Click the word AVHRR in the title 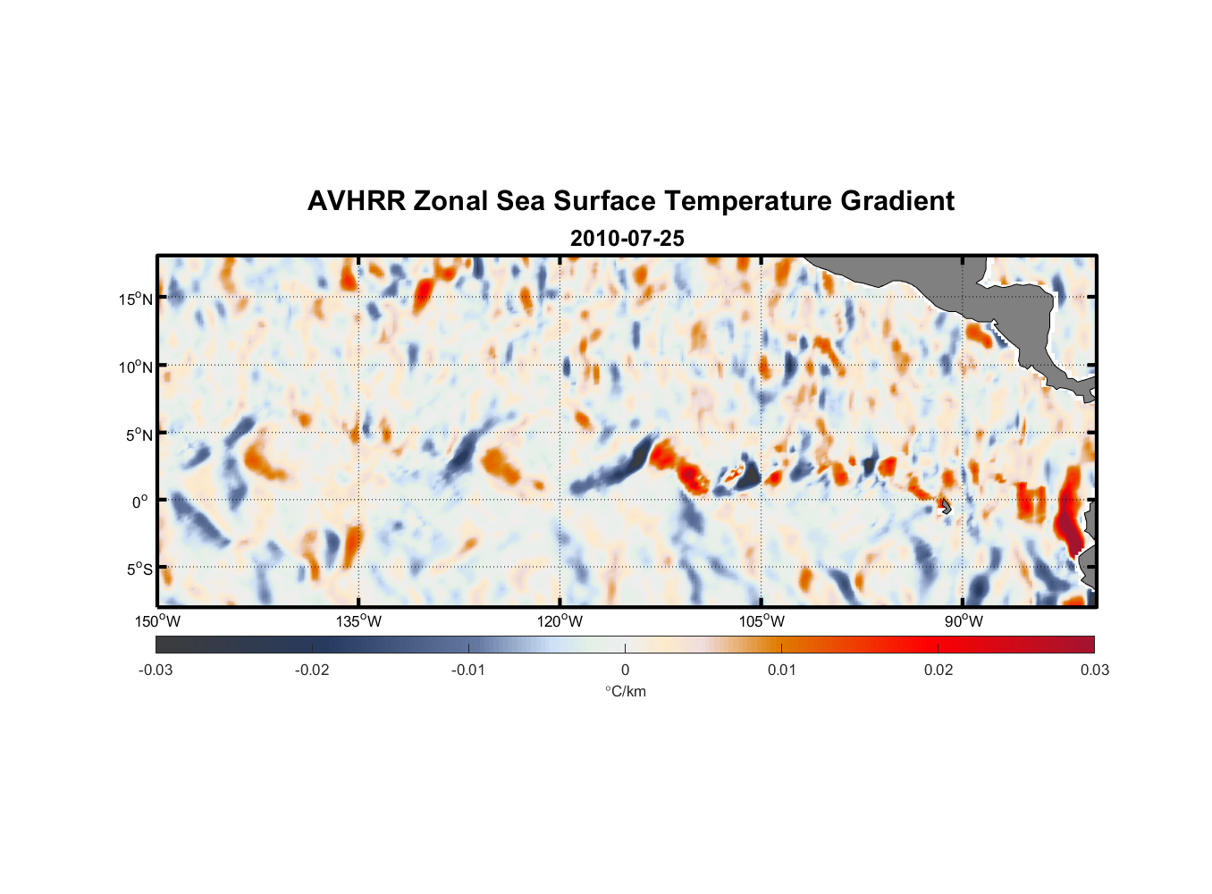coord(356,201)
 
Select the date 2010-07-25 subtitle coord(627,239)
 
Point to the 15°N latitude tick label coord(136,299)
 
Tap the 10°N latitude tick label coord(136,367)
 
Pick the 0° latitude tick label coord(141,502)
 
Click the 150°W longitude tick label coord(158,621)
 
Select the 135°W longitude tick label coord(358,621)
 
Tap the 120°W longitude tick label coord(560,621)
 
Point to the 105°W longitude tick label coord(762,621)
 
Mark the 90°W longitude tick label coord(963,621)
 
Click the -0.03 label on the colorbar coord(156,670)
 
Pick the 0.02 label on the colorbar coord(938,670)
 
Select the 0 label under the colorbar coord(625,670)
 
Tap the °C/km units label coord(626,691)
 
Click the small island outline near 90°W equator coord(945,507)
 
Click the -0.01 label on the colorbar coord(468,670)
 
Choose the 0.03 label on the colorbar coord(1094,670)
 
